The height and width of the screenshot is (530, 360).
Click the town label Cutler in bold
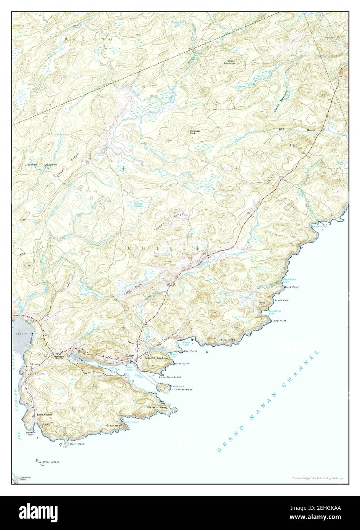coord(130,356)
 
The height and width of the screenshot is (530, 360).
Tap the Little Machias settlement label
coord(45,414)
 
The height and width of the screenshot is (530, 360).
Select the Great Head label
coord(114,425)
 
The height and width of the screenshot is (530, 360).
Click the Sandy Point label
coord(282,300)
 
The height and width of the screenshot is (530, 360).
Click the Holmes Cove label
coord(319,226)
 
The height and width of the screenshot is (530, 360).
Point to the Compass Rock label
coord(195,132)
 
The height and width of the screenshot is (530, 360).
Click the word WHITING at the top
coord(88,39)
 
